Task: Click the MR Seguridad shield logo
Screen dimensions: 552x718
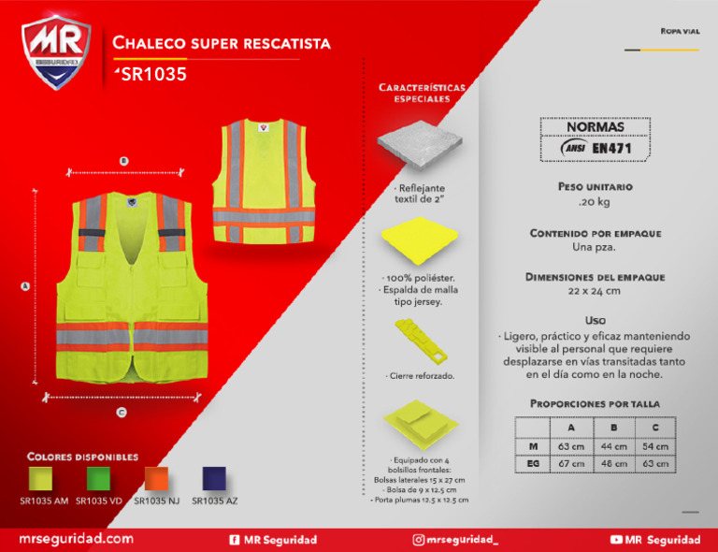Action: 55,53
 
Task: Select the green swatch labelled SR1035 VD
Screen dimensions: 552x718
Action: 99,478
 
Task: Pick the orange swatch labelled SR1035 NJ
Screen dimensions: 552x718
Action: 157,478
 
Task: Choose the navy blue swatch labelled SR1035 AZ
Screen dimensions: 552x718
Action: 215,478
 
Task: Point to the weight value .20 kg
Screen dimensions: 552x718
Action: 595,202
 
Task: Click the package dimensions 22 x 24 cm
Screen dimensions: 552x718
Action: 595,291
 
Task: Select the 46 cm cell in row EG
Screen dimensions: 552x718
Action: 613,464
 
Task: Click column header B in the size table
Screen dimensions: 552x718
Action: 613,428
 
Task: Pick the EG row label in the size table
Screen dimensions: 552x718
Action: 532,464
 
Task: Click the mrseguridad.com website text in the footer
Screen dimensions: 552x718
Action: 77,540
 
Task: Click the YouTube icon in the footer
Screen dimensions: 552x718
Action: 616,540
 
